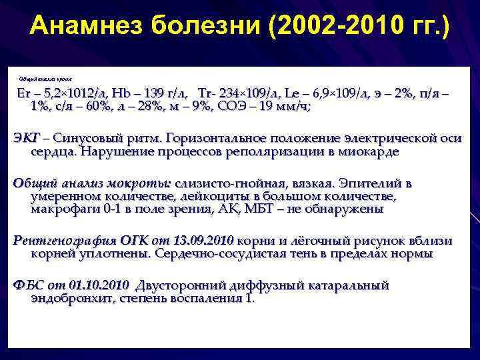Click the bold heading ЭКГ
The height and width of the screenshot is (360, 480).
click(27, 139)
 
